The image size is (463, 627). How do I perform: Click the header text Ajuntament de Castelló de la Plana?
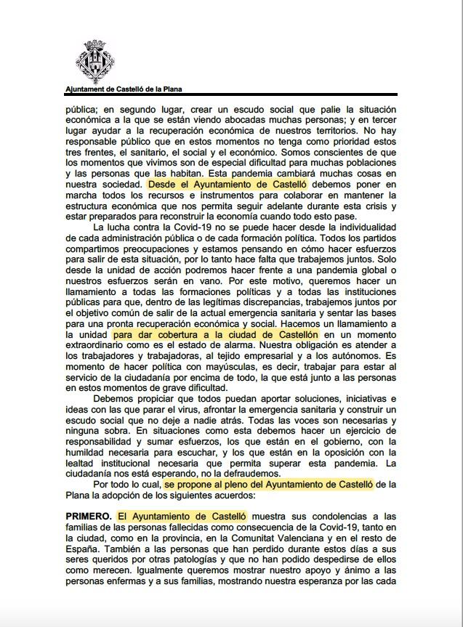(124, 89)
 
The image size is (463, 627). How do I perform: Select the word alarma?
(240, 345)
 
